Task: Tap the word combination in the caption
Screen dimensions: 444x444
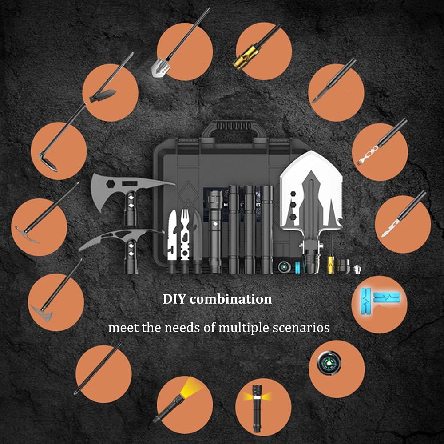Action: pyautogui.click(x=231, y=299)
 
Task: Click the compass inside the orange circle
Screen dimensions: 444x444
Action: pyautogui.click(x=329, y=363)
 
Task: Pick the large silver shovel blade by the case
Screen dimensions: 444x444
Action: pyautogui.click(x=311, y=193)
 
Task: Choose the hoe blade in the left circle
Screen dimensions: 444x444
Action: pyautogui.click(x=48, y=162)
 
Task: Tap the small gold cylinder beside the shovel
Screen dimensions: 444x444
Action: pyautogui.click(x=331, y=265)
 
